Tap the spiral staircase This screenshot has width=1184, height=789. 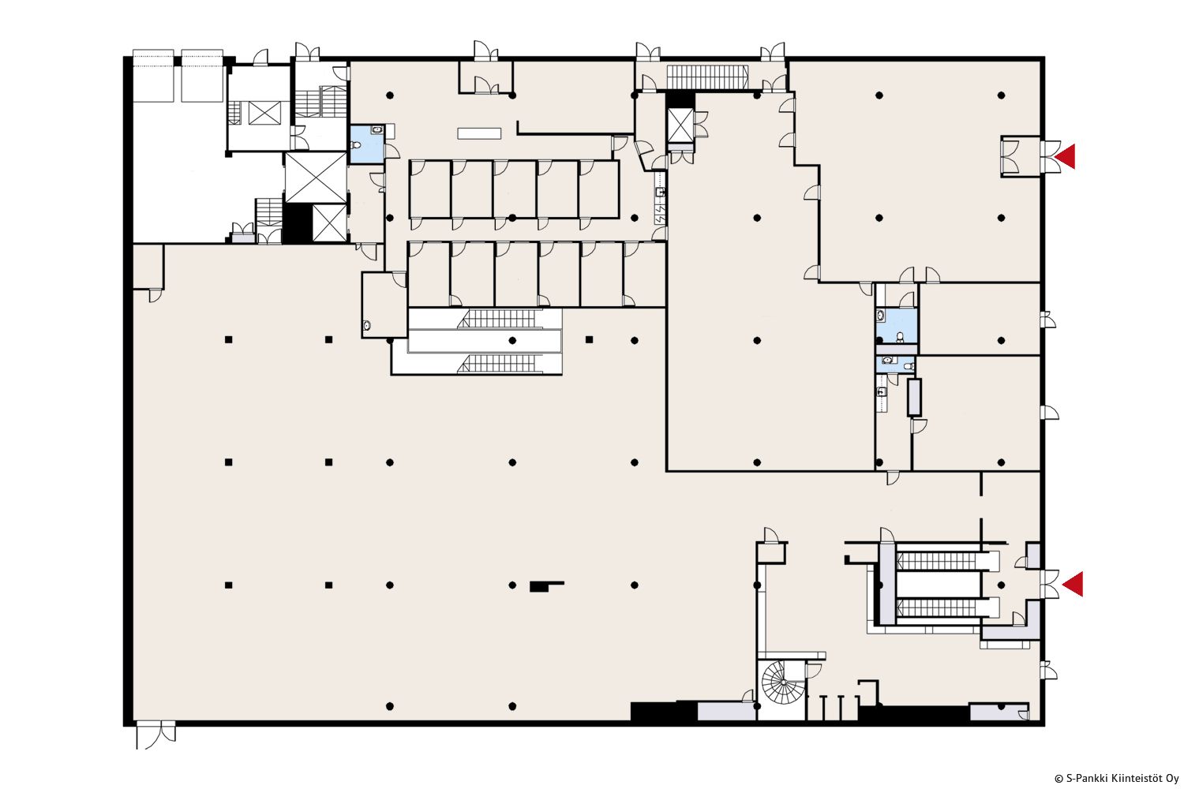781,682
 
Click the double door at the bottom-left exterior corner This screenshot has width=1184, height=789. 155,735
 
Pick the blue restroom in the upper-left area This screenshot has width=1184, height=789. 367,144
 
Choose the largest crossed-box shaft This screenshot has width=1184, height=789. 316,178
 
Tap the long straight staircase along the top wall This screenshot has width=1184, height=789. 706,77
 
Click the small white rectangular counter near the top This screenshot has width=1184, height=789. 479,133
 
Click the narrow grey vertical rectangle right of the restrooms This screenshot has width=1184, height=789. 914,398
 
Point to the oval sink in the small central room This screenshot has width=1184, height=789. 367,326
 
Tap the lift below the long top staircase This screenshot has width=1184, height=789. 680,125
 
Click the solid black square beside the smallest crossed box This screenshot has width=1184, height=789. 298,223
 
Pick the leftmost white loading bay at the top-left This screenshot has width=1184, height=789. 153,76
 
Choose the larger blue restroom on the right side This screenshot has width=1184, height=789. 897,326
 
